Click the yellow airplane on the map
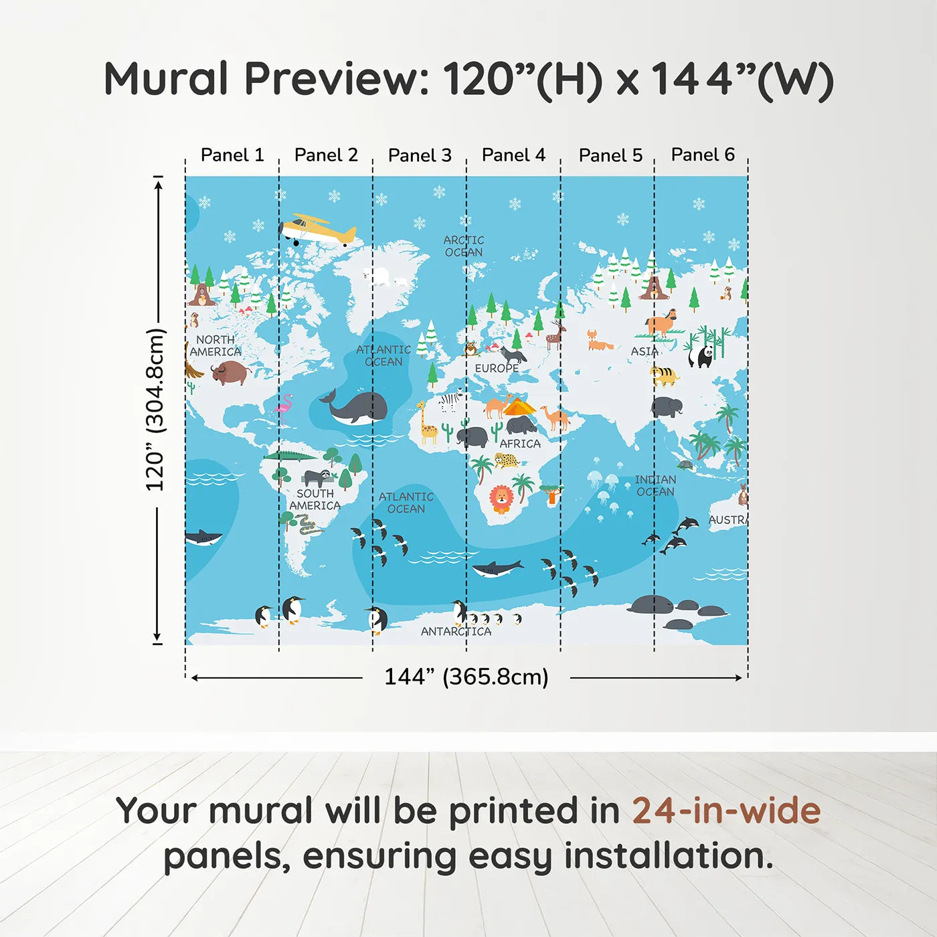pyautogui.click(x=318, y=230)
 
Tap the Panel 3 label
pyautogui.click(x=420, y=155)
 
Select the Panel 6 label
pyautogui.click(x=703, y=155)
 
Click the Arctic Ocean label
pyautogui.click(x=464, y=246)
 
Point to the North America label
pyautogui.click(x=216, y=345)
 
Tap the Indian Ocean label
pyautogui.click(x=655, y=485)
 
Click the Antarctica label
pyautogui.click(x=456, y=631)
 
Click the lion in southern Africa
pyautogui.click(x=501, y=499)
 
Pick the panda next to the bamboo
pyautogui.click(x=701, y=355)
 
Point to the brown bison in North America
pyautogui.click(x=231, y=372)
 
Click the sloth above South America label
pyautogui.click(x=317, y=477)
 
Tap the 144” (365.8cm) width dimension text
pyautogui.click(x=466, y=677)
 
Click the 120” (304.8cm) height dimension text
pyautogui.click(x=155, y=410)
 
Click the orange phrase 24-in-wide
pyautogui.click(x=726, y=811)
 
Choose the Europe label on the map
pyautogui.click(x=497, y=368)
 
